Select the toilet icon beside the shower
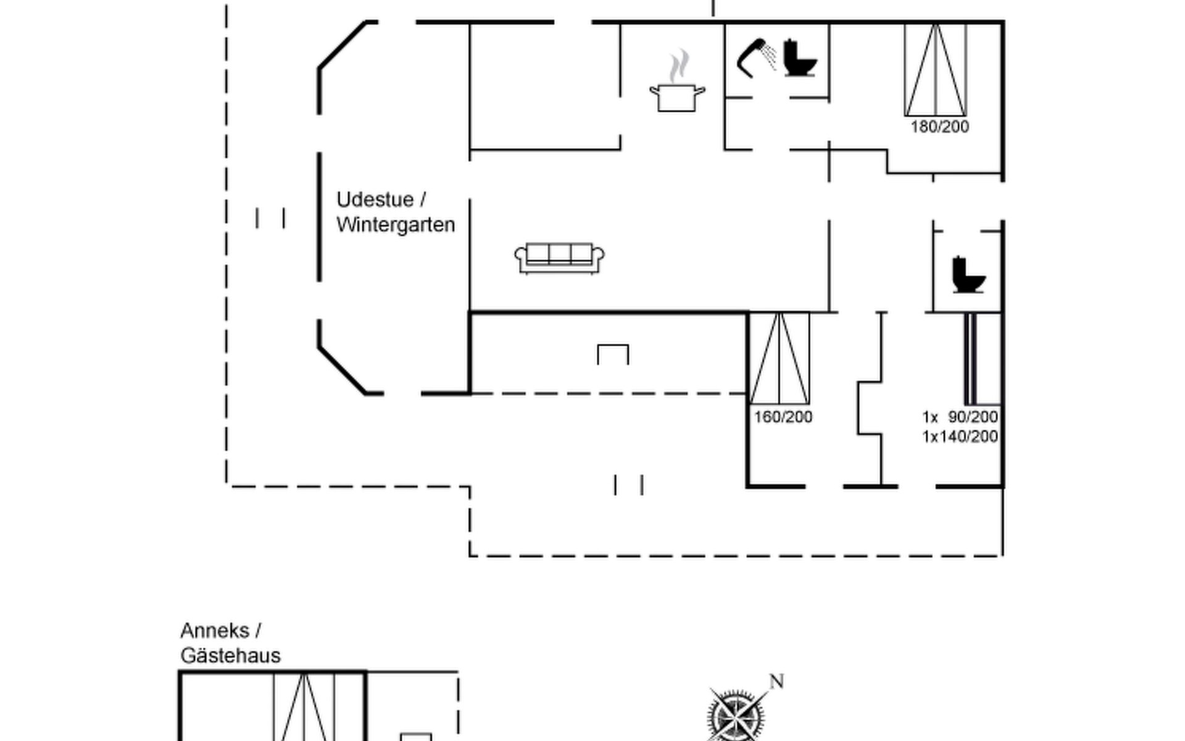pos(800,58)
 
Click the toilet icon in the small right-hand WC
pos(968,275)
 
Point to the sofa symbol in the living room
pos(559,257)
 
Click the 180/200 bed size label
pos(939,127)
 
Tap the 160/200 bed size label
pos(783,417)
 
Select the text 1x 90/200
pos(960,417)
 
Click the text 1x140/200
pos(960,437)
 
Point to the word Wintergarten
pos(396,224)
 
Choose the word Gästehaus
pos(230,655)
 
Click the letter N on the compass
pos(776,681)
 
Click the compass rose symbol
pos(736,716)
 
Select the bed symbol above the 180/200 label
pos(935,70)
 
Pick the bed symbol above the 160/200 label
pos(780,358)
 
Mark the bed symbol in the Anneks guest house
pos(304,707)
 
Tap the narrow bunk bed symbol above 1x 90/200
pos(971,358)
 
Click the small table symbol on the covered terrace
pos(613,354)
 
